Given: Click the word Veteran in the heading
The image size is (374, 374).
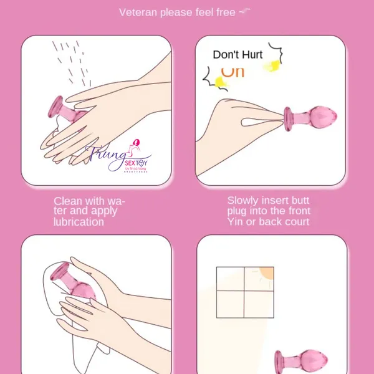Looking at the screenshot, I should click(x=138, y=12).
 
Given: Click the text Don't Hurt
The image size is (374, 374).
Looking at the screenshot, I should click(x=237, y=55).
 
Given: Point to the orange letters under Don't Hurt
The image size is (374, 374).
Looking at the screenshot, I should click(x=233, y=71).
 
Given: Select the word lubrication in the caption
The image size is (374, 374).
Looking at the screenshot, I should click(x=79, y=222).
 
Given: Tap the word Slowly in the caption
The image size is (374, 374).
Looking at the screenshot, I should click(x=243, y=201).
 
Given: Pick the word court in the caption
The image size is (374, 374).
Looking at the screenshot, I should click(x=295, y=222).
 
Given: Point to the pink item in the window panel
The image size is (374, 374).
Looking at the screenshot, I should click(x=295, y=362).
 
